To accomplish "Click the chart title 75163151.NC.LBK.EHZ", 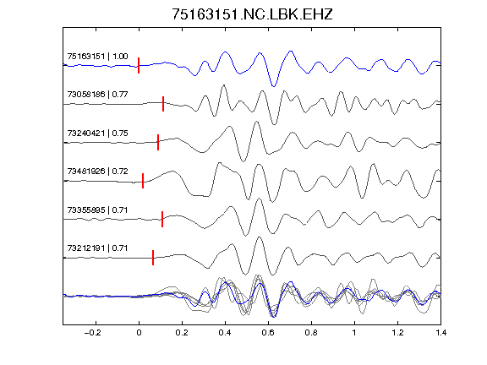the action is coord(252,14).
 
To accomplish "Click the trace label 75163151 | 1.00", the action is coord(97,56).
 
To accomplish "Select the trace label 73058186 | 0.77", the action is coord(97,95).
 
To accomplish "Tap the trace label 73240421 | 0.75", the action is coord(97,133).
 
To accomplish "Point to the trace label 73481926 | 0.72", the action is coord(97,172).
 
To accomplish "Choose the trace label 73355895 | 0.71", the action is coord(97,210).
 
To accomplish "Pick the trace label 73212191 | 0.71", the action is coord(97,248).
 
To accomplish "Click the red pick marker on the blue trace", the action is coord(139,66).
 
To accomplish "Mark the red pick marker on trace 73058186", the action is coord(163,104).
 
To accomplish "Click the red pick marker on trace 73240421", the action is coord(158,143).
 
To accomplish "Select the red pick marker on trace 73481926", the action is coord(143,181).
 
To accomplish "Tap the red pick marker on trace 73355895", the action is coord(162,219).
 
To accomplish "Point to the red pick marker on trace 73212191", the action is coord(153,258).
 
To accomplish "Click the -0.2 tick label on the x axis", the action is coord(93,333).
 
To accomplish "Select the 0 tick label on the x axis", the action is coord(139,333).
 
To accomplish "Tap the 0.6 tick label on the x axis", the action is coord(268,333).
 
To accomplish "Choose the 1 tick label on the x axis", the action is coord(354,333).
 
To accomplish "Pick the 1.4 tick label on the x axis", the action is coord(441,333).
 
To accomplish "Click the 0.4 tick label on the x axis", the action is coord(225,333).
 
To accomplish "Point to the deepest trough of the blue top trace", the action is coord(274,86).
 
